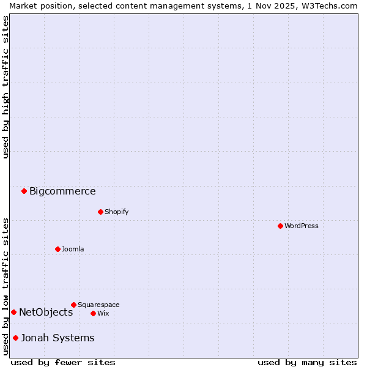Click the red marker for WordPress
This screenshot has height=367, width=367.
280,226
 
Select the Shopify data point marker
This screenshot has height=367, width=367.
100,212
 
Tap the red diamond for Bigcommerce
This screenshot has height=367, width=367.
24,191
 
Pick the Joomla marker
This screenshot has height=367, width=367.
57,249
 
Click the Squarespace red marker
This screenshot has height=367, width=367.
73,305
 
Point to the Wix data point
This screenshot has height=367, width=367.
93,313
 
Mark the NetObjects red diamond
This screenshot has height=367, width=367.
13,312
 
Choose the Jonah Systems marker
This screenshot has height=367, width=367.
15,338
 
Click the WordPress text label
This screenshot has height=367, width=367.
302,226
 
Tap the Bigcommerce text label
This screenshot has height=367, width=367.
62,191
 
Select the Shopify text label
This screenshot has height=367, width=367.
117,212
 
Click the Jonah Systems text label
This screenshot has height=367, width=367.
57,338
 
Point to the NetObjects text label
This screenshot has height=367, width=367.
46,312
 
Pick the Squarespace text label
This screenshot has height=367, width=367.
98,305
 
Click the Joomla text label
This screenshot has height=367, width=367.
73,249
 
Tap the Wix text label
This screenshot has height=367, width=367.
103,313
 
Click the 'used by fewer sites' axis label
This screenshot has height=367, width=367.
63,362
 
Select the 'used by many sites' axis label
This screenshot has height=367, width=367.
307,362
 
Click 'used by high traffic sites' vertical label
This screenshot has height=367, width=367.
6,87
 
